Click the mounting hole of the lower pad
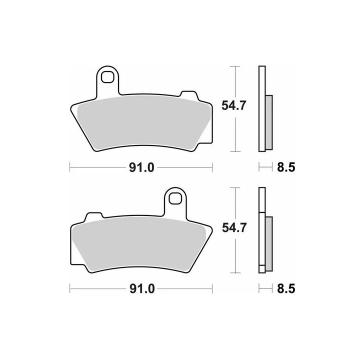click(175, 198)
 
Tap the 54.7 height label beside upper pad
click(233, 105)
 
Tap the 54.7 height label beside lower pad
click(234, 227)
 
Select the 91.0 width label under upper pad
click(141, 167)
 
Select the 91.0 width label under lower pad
click(142, 289)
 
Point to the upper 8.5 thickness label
click(286, 167)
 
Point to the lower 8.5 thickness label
click(286, 288)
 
